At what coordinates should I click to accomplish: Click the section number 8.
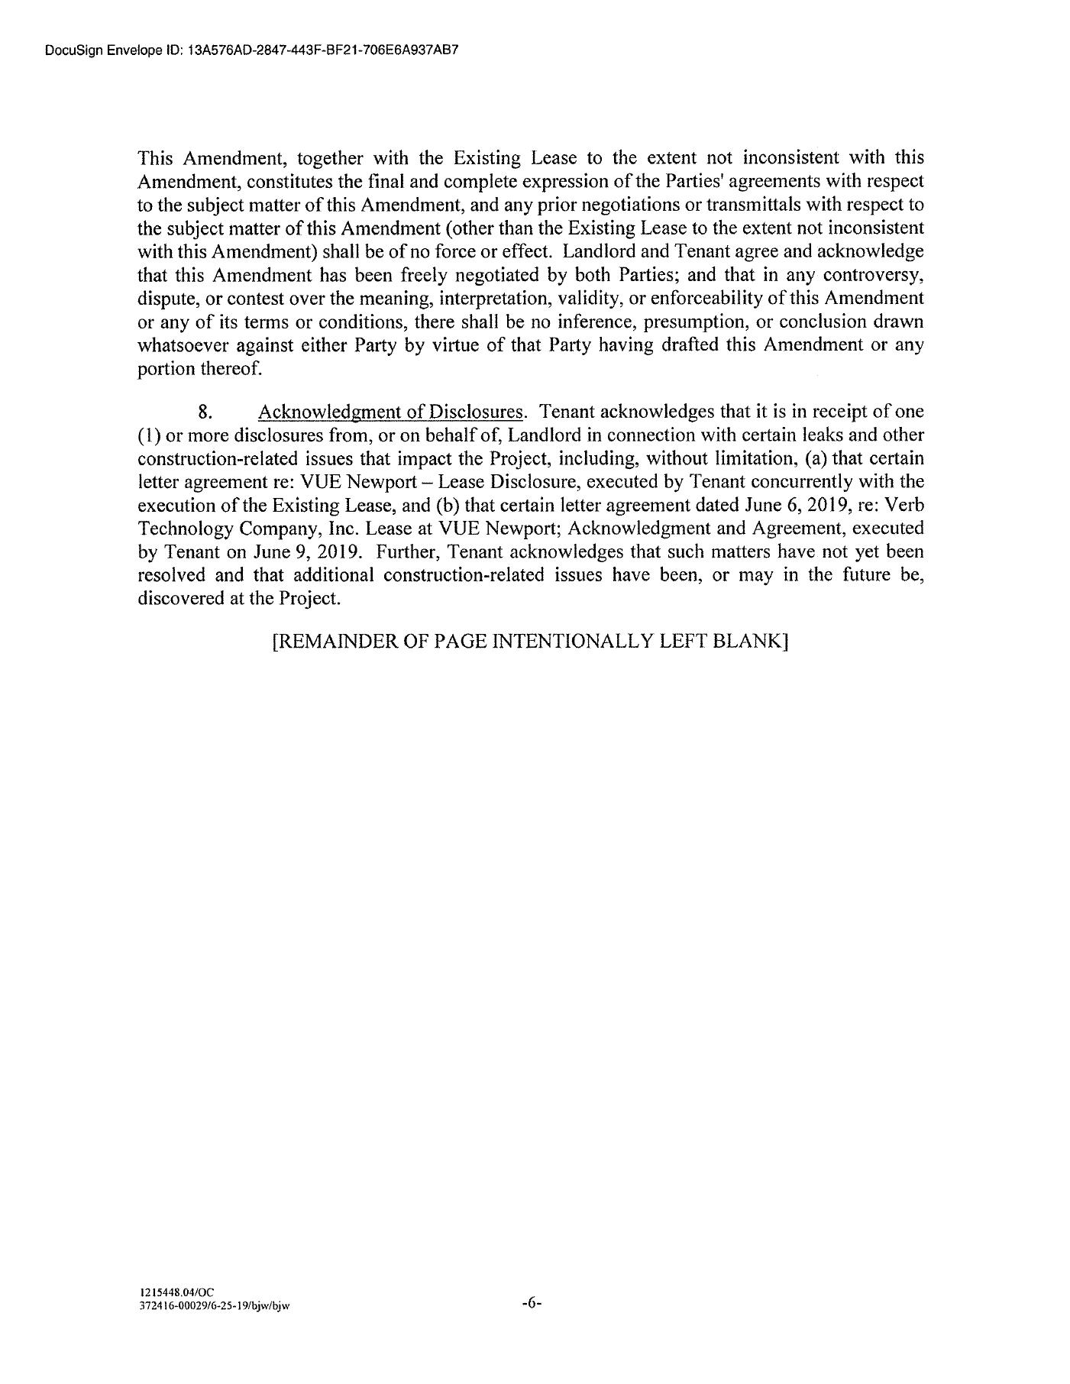(x=204, y=412)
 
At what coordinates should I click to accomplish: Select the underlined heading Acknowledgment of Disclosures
(x=390, y=412)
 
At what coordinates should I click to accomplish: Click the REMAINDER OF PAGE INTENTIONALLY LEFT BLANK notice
(x=530, y=642)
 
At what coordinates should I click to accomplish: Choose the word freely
(x=415, y=275)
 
